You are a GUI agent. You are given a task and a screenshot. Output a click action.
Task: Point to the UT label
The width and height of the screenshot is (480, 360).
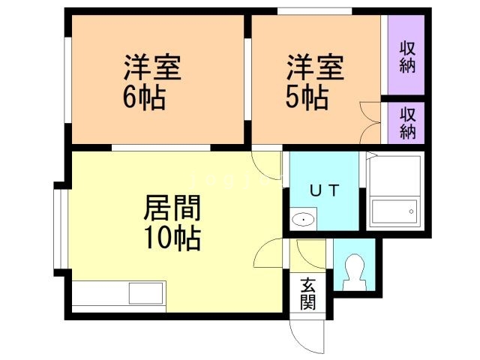click(x=325, y=190)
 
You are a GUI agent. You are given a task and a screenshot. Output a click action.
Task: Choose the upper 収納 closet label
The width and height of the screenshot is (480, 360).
click(x=407, y=56)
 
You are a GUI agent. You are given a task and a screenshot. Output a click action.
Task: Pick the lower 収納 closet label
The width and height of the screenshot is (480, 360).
click(x=407, y=122)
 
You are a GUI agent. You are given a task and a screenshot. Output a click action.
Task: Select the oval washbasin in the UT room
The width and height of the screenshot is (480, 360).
click(x=303, y=220)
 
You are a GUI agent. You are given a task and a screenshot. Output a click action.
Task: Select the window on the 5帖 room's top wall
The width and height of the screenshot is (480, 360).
click(x=315, y=10)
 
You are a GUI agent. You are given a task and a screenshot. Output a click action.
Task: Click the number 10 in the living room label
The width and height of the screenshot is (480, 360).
click(x=158, y=238)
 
